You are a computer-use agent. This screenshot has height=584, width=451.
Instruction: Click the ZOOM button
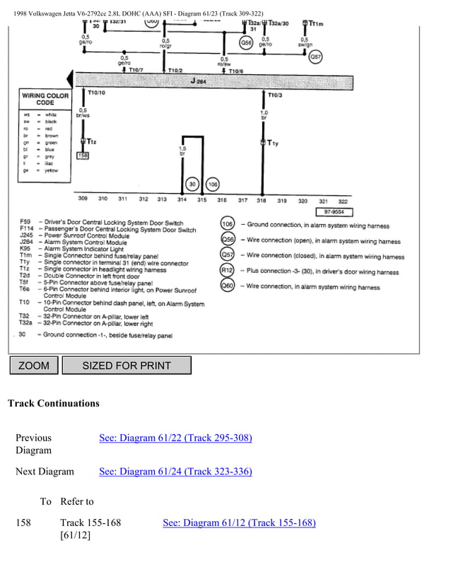34,366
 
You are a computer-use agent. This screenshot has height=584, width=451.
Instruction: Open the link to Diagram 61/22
175,438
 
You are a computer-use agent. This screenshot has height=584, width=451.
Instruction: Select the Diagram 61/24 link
175,472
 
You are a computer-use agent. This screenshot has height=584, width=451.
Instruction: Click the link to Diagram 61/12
239,522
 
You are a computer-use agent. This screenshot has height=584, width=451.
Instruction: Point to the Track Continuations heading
53,404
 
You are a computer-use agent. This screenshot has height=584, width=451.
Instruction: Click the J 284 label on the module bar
199,81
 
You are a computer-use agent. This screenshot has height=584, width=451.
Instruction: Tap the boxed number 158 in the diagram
83,155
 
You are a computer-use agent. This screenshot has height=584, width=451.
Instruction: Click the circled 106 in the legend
228,224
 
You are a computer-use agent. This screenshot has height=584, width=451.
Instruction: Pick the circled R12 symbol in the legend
228,270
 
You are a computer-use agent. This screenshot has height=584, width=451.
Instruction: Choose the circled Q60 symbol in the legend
228,286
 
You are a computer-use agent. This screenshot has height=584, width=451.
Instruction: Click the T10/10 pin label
95,93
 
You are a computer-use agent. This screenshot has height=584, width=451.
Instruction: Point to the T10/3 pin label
274,94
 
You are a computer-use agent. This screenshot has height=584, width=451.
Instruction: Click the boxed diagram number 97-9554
334,211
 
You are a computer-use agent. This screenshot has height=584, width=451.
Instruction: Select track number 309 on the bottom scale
83,200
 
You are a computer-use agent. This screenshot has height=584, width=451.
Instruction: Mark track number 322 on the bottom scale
343,201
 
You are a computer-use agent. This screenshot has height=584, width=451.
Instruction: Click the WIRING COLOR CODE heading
45,98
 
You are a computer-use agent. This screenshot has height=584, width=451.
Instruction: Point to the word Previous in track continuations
33,438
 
